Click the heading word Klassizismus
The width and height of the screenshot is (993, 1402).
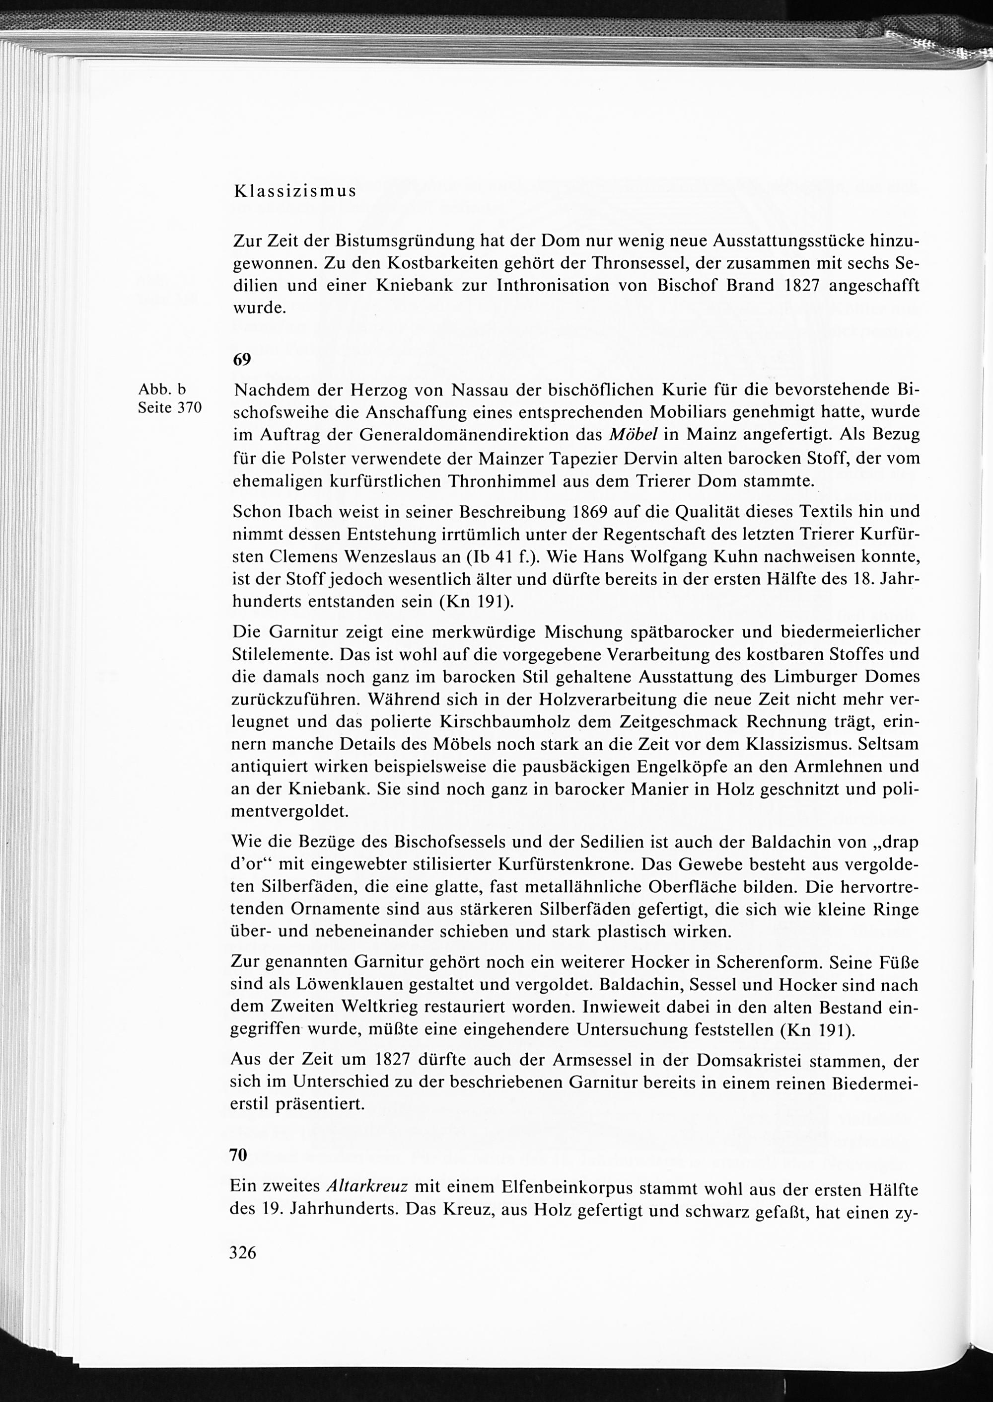click(x=295, y=191)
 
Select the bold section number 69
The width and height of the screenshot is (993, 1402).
click(x=242, y=360)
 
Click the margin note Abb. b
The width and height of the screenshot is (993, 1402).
click(x=163, y=389)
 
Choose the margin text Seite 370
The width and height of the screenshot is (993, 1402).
click(x=170, y=408)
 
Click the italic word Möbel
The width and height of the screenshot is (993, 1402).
click(x=633, y=435)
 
